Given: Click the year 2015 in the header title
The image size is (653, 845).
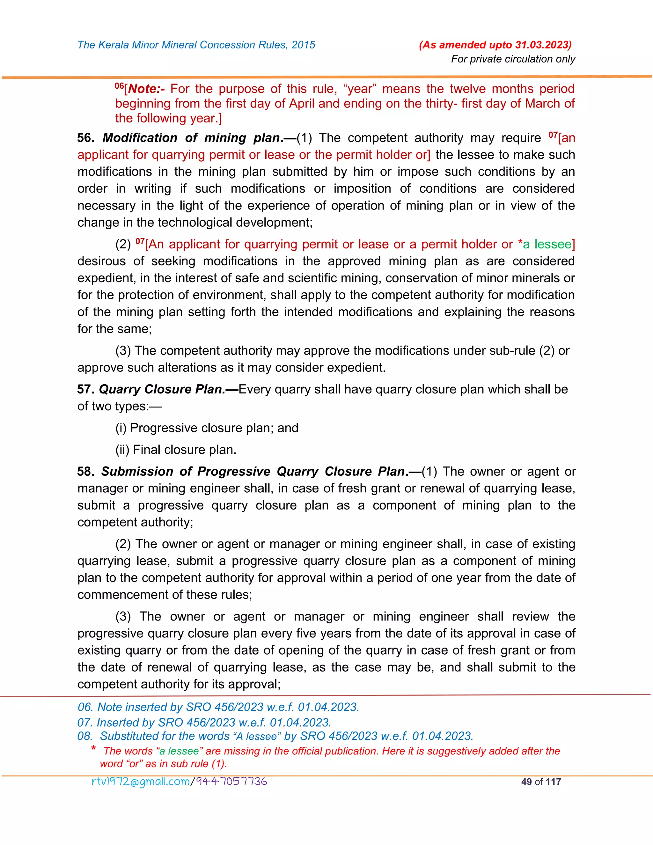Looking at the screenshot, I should click(303, 45).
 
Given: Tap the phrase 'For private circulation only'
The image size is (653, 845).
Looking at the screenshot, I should click(513, 59).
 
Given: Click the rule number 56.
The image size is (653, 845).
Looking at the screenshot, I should click(85, 138).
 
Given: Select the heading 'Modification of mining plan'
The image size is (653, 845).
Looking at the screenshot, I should click(192, 138).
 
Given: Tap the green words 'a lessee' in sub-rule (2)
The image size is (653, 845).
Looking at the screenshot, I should click(547, 244).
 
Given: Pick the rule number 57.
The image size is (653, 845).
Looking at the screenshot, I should click(85, 389).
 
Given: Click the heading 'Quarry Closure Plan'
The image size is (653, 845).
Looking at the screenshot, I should click(162, 389).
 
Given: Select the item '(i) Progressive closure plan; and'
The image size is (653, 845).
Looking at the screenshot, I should click(207, 428).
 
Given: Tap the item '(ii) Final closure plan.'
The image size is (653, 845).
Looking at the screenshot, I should click(176, 450).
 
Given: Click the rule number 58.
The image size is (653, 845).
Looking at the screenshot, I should click(85, 472).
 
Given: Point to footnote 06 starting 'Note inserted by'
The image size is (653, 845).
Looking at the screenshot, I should click(218, 707).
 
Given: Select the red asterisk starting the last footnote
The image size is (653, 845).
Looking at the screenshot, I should click(93, 749).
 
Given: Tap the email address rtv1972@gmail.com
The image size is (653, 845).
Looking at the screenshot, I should click(140, 782).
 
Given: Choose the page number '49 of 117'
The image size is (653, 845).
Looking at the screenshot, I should click(541, 782).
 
